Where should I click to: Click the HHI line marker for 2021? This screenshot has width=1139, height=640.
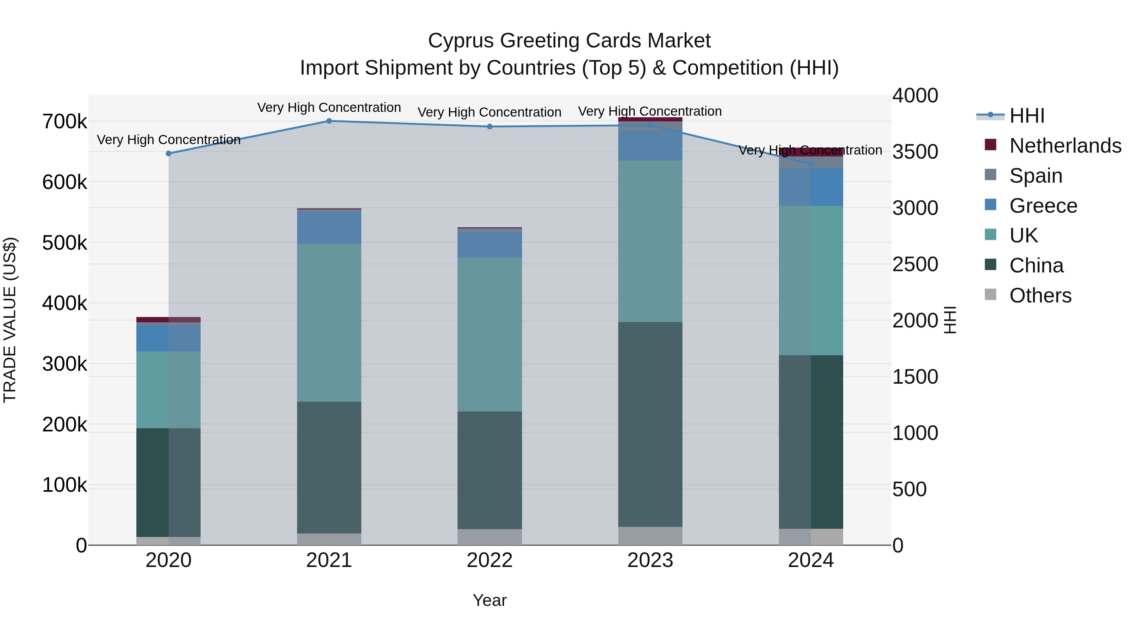click(329, 121)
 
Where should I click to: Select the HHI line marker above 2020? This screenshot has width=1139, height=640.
click(168, 154)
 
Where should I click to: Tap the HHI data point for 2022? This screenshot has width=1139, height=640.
click(489, 127)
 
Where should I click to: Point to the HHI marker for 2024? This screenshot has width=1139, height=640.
click(811, 164)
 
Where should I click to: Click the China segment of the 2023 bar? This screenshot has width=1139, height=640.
click(650, 424)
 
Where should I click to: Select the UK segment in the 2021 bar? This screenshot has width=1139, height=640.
click(329, 322)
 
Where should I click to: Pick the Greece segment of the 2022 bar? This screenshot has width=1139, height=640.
click(489, 245)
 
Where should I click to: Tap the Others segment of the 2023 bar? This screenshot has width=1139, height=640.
click(650, 536)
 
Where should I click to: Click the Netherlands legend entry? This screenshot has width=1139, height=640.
click(1065, 146)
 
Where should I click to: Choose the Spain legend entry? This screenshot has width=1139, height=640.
click(1035, 176)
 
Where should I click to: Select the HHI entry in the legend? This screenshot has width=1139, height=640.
click(1026, 116)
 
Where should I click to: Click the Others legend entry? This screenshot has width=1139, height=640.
click(1040, 296)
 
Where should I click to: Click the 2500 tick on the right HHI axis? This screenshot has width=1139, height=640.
click(914, 264)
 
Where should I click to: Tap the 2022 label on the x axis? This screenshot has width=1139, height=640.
click(489, 560)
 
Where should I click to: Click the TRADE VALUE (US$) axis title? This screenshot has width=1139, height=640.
click(10, 320)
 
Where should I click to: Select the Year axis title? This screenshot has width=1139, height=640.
click(489, 600)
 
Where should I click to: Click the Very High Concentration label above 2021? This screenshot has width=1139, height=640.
click(329, 108)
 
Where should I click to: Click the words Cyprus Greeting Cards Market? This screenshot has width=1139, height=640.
click(569, 41)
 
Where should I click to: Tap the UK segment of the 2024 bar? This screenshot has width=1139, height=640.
click(811, 280)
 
